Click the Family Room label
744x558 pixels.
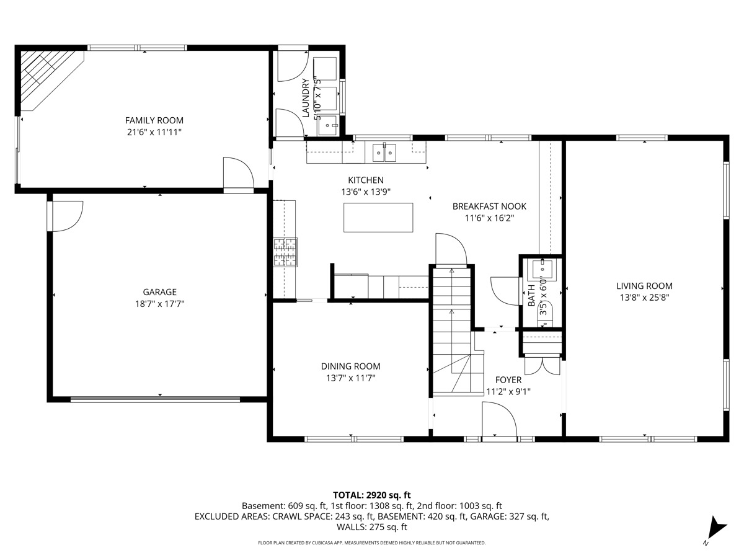[x=154, y=120]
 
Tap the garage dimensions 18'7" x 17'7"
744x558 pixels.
[x=159, y=304]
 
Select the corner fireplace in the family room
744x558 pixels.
[x=51, y=80]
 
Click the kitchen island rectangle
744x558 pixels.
[x=378, y=218]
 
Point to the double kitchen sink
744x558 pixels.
[x=384, y=153]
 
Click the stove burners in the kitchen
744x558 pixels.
[x=285, y=252]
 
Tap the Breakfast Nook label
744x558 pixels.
[x=489, y=206]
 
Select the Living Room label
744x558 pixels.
[x=644, y=286]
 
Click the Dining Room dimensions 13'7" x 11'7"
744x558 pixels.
[x=351, y=378]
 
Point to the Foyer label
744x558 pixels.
[x=508, y=380]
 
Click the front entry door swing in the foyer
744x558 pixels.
[x=499, y=418]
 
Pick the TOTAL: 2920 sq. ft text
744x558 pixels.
[x=371, y=495]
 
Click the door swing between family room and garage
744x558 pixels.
[x=238, y=172]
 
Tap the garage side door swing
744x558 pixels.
[x=67, y=216]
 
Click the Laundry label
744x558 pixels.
[x=306, y=98]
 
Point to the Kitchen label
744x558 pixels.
[x=366, y=180]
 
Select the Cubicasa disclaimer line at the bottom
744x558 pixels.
[x=371, y=542]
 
